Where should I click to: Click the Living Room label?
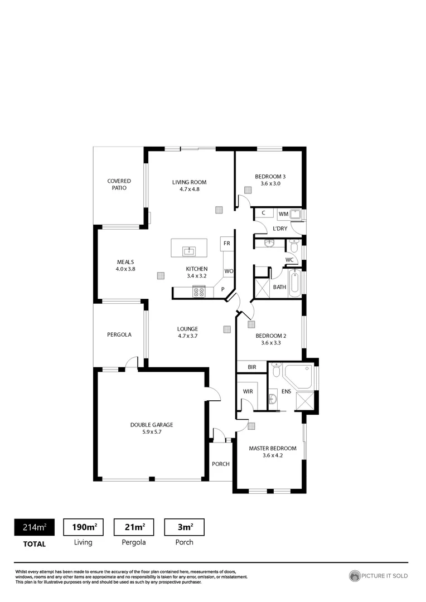pyautogui.click(x=189, y=182)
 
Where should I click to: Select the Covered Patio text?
pyautogui.click(x=119, y=185)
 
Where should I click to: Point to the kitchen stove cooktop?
pyautogui.click(x=199, y=291)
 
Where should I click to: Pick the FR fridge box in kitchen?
pyautogui.click(x=226, y=244)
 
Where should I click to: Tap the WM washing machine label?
pyautogui.click(x=283, y=214)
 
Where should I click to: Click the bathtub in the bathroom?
pyautogui.click(x=295, y=282)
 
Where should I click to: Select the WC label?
pyautogui.click(x=289, y=260)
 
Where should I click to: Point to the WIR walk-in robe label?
pyautogui.click(x=248, y=391)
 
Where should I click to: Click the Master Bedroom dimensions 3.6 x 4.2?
pyautogui.click(x=272, y=455)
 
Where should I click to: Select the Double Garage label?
pyautogui.click(x=152, y=425)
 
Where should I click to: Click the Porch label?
pyautogui.click(x=220, y=464)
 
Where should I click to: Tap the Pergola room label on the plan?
pyautogui.click(x=119, y=335)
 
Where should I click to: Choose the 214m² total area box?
pyautogui.click(x=34, y=527)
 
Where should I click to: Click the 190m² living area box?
pyautogui.click(x=84, y=527)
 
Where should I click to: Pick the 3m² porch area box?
pyautogui.click(x=184, y=527)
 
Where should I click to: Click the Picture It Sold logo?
pyautogui.click(x=379, y=576)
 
